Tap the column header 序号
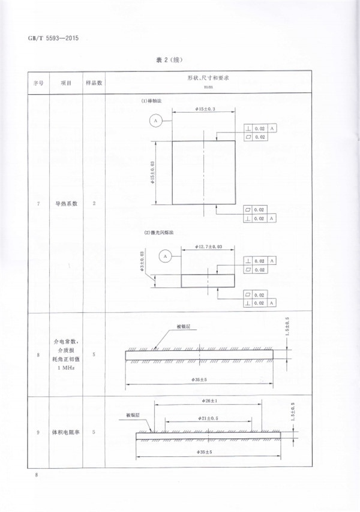tap(38, 82)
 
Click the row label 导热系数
tap(66, 204)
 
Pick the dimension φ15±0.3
tap(205, 109)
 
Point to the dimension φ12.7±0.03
tap(209, 246)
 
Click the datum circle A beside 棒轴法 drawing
tap(155, 121)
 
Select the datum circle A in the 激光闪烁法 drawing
tap(164, 256)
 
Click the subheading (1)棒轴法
tap(151, 101)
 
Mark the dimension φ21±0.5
tap(207, 418)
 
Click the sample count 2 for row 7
tap(94, 204)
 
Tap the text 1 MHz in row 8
tap(66, 369)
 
